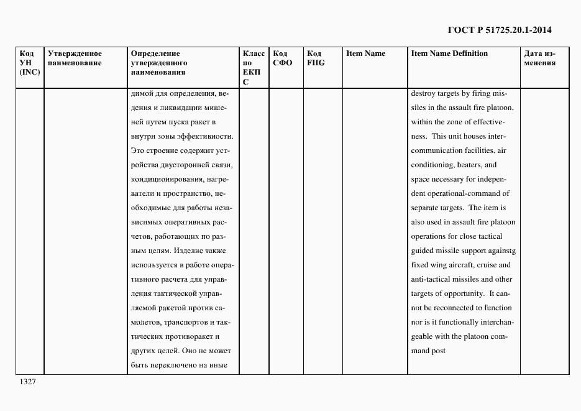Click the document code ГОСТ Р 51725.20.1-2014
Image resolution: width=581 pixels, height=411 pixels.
(x=500, y=30)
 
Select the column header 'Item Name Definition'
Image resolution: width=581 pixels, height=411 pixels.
(x=449, y=53)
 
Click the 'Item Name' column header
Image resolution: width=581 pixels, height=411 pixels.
(x=365, y=53)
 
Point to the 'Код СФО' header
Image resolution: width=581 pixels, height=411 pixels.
(x=283, y=58)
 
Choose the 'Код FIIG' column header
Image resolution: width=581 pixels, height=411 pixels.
(x=316, y=58)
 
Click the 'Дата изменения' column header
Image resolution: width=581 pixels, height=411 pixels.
(x=539, y=58)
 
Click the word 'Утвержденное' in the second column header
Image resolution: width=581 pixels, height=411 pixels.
(x=75, y=53)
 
